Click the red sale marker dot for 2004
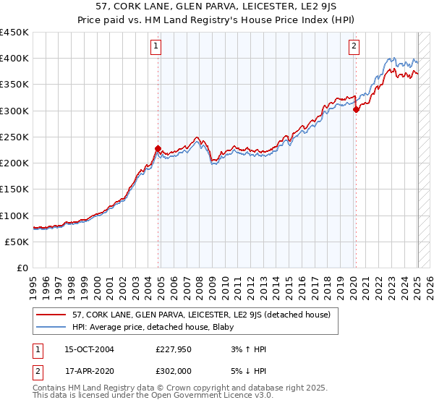click(158, 148)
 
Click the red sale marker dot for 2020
click(356, 109)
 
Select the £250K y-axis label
click(14, 137)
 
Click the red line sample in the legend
click(52, 315)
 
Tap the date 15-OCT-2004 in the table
click(89, 349)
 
